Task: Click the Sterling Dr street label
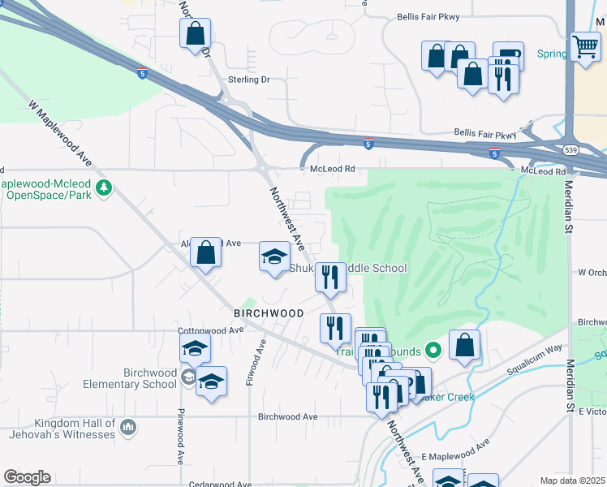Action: point(248,80)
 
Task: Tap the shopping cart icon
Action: point(584,45)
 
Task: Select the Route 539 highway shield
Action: point(570,151)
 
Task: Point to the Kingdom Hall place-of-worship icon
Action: point(127,427)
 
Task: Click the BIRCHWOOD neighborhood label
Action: point(269,312)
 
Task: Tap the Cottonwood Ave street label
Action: point(211,330)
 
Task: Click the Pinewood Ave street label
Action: point(180,435)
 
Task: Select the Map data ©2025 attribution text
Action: point(572,481)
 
